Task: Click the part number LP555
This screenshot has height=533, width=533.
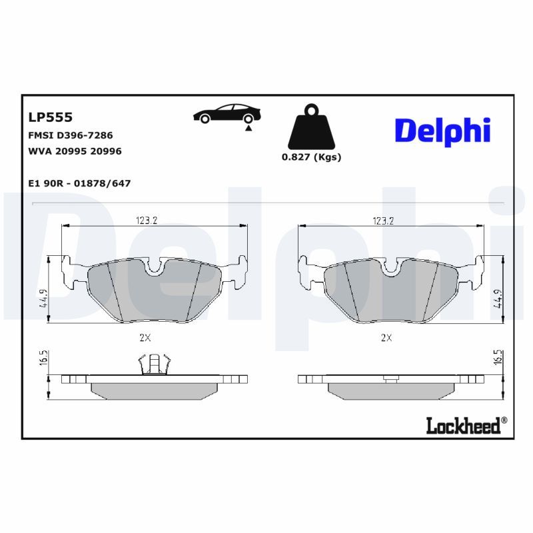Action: point(50,117)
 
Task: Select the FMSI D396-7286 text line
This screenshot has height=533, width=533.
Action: point(70,135)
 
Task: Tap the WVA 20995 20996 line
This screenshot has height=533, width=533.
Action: point(75,151)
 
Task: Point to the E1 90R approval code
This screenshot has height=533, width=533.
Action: point(79,183)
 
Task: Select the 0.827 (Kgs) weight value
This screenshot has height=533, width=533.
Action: point(311,157)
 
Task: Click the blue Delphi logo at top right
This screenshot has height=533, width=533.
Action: point(442,130)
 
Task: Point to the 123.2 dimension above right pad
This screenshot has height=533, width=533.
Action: point(384,221)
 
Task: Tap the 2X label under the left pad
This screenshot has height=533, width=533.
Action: point(145,338)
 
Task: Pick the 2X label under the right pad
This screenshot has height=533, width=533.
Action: point(386,338)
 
